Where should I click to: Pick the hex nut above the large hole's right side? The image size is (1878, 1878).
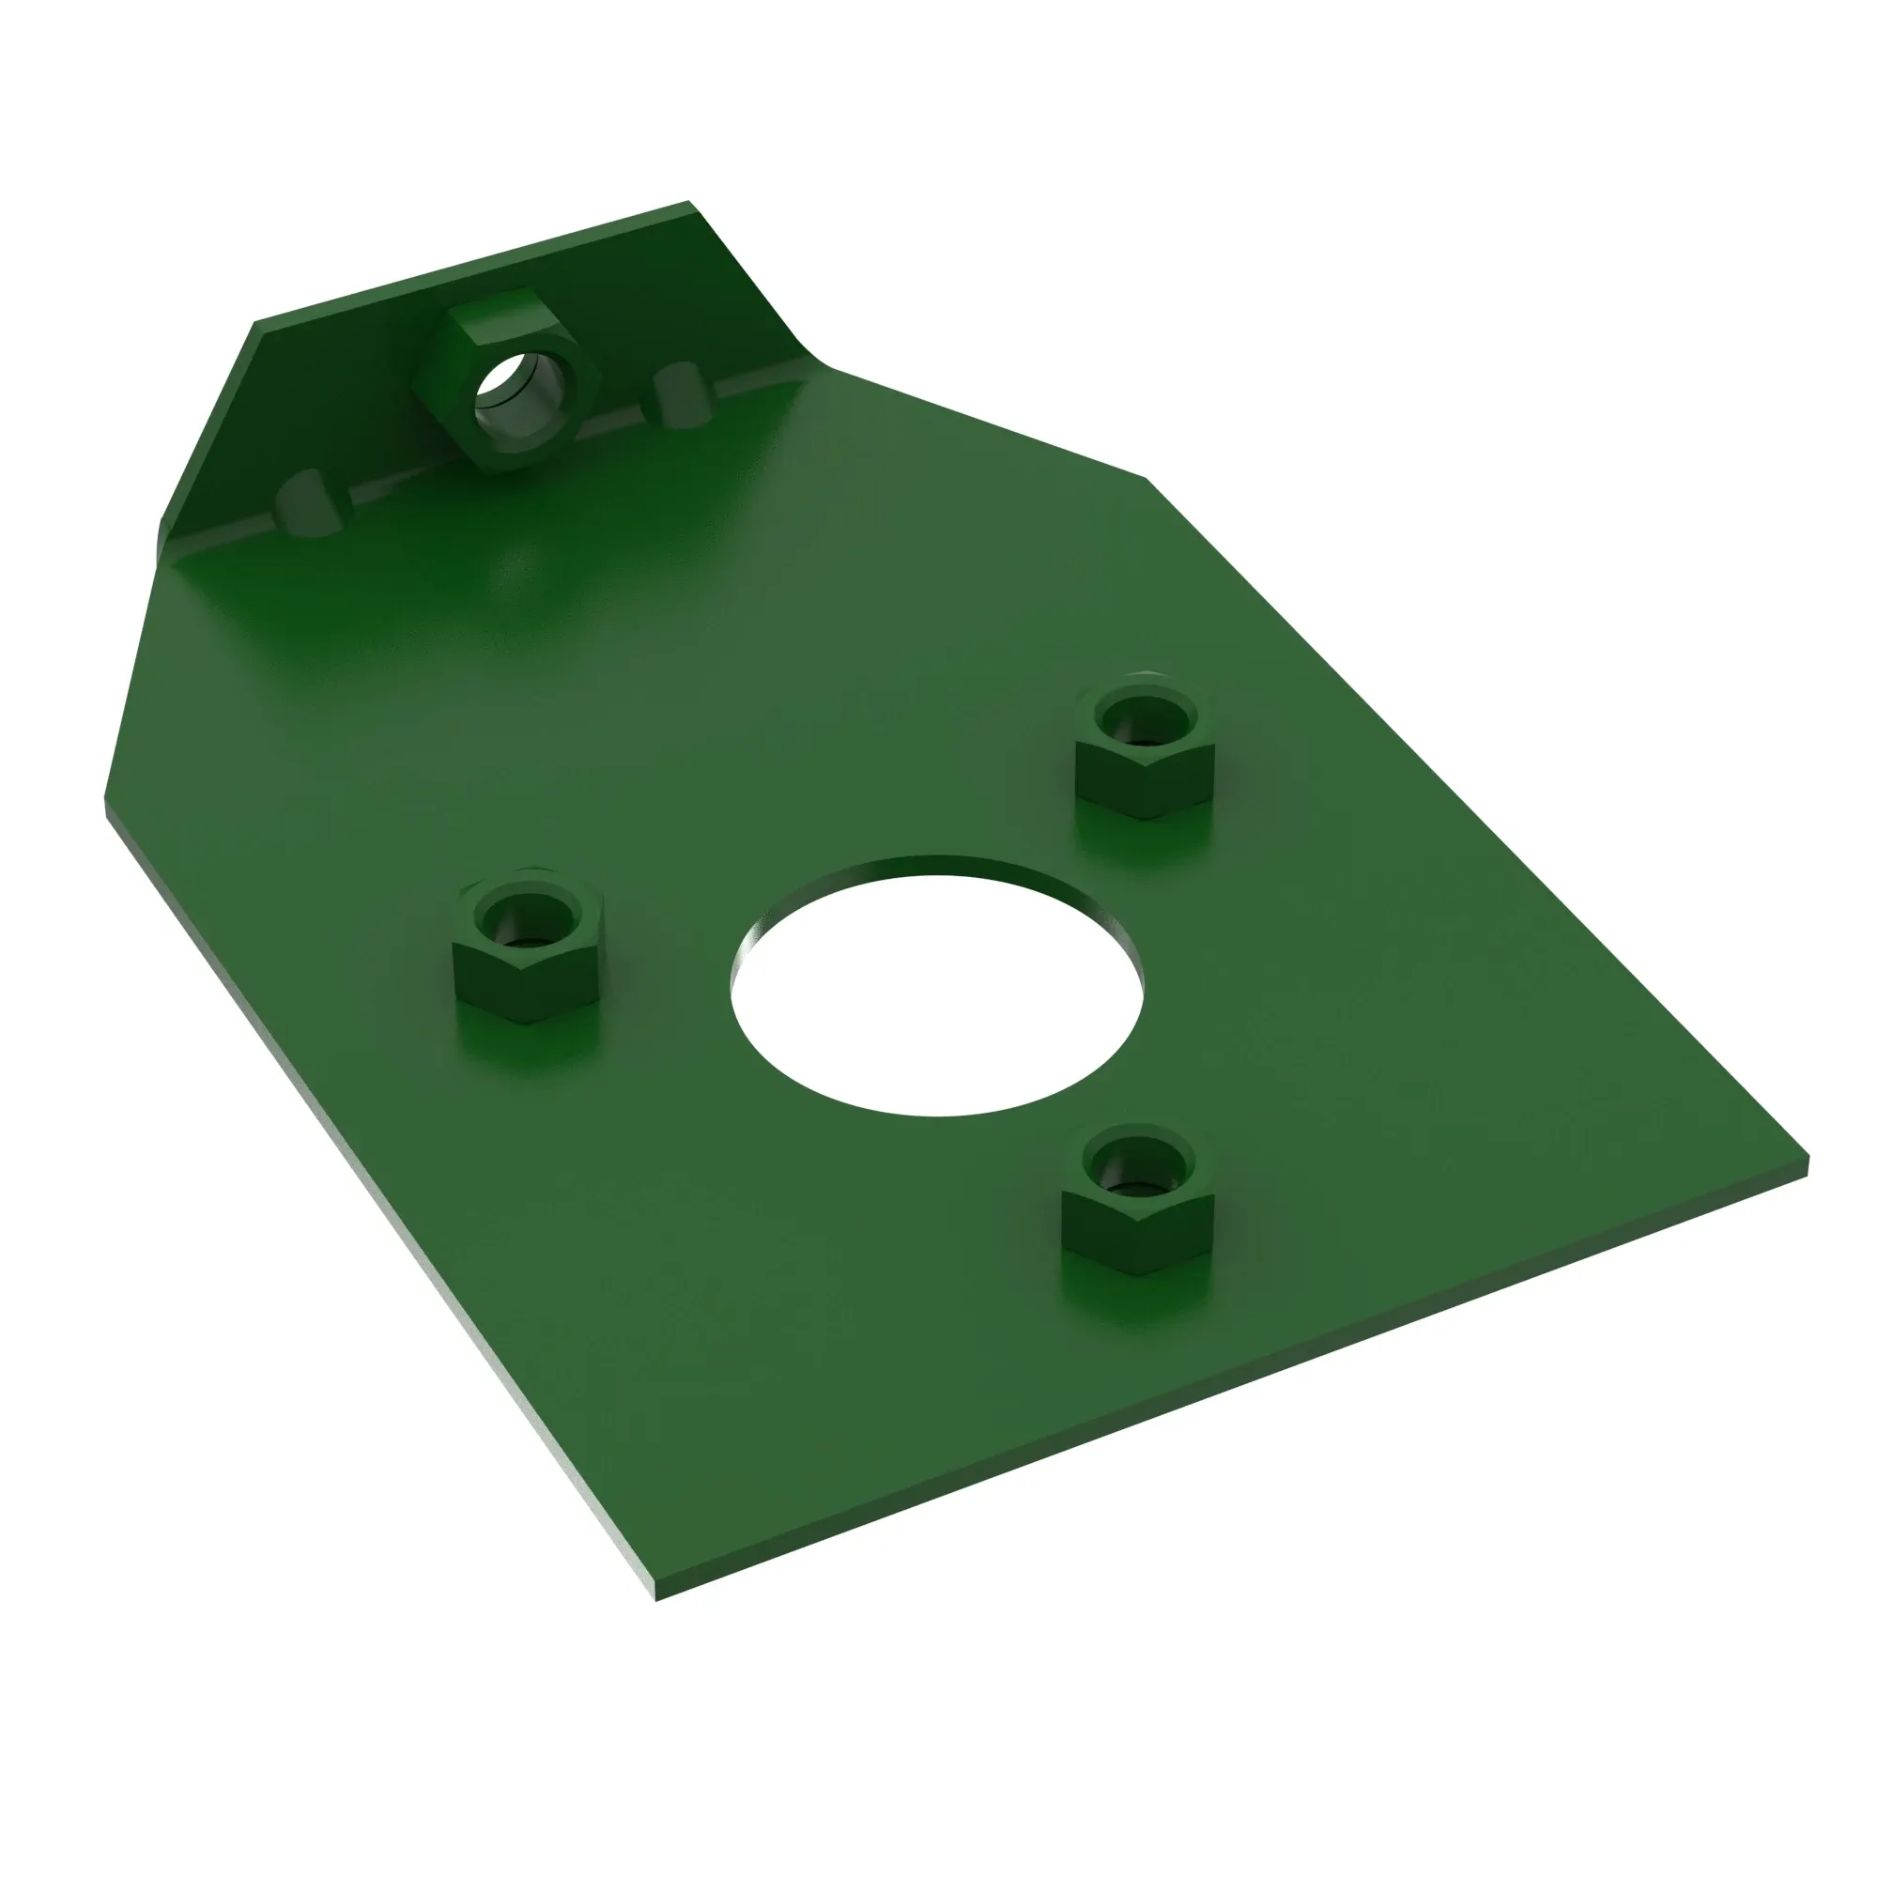(1145, 749)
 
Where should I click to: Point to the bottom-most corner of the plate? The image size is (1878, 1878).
(657, 1598)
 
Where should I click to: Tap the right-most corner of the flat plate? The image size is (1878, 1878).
(1806, 1160)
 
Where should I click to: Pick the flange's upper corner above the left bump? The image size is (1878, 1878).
(256, 323)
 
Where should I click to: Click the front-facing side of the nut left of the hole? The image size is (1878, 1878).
(496, 982)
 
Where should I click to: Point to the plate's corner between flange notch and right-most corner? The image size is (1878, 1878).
(1147, 477)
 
